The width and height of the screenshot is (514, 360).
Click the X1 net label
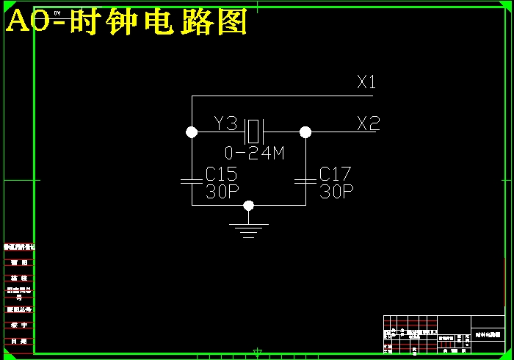366,82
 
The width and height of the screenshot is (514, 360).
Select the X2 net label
368,123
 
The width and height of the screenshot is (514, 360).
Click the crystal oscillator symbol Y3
254,132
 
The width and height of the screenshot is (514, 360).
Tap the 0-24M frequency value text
254,154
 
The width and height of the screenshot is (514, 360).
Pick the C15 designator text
221,174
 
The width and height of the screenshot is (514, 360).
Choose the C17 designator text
336,174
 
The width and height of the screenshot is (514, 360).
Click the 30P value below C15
221,192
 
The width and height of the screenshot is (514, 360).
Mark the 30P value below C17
336,192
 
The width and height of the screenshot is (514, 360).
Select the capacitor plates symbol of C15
192,180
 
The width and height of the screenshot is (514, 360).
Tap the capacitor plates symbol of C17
305,180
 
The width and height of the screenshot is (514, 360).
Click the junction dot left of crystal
192,132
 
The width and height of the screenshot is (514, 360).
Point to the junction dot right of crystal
305,132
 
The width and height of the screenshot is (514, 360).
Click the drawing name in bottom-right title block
488,334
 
